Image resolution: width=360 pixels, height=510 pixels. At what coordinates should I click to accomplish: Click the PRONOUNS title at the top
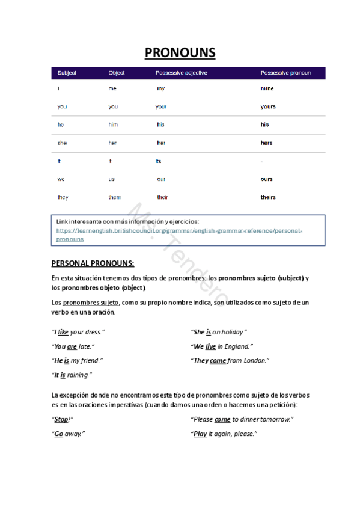coord(180,53)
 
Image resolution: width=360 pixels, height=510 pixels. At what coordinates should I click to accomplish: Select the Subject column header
coord(67,73)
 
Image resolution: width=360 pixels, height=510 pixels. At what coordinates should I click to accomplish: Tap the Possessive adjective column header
coord(181,73)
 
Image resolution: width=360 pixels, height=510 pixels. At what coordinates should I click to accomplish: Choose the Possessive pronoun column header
coord(285,73)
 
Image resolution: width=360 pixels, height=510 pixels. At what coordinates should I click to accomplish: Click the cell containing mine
coord(267,88)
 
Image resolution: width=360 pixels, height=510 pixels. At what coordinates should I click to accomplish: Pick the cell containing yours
coord(268,106)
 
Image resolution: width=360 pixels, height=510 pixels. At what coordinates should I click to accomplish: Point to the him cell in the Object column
coord(113,124)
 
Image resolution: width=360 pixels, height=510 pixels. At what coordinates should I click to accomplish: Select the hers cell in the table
coord(266,143)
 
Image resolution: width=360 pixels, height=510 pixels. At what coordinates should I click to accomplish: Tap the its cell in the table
coord(159,161)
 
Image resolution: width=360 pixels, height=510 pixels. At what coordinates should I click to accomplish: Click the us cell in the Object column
coord(111,179)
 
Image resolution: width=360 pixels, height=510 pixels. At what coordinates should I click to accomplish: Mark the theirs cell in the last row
coord(268,197)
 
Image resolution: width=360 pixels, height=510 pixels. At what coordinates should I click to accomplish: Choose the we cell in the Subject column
coord(61,179)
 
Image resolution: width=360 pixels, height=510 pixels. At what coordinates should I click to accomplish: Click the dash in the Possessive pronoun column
coord(262,161)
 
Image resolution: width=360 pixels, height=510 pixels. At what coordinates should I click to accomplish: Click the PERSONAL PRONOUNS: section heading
coord(93,263)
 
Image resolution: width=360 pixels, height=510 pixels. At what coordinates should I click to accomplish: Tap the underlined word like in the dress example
coord(63,332)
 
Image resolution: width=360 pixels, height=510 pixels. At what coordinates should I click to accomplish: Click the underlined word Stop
coord(61,419)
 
